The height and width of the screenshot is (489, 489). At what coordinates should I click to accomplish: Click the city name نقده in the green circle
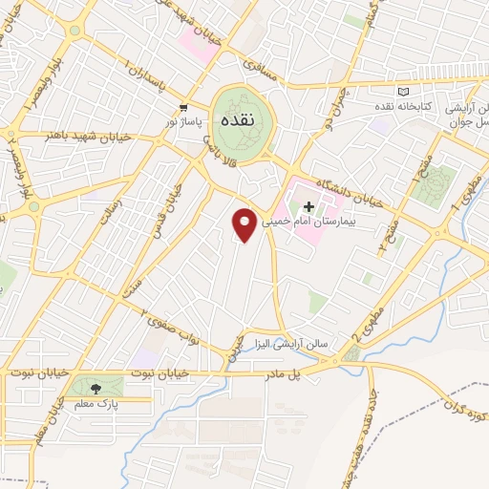235,122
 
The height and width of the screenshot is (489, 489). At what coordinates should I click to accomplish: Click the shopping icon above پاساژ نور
181,107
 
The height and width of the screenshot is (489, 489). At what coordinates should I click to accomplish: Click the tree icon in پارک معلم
95,387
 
